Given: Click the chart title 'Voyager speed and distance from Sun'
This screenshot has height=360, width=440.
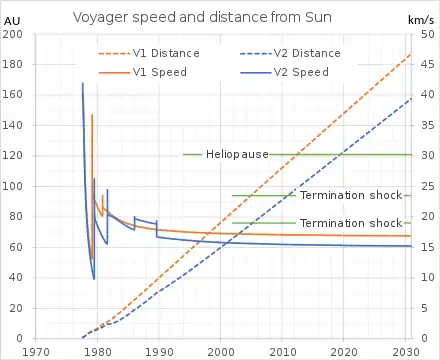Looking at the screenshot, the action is (202, 17).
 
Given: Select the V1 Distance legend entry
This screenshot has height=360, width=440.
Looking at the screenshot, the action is (149, 53).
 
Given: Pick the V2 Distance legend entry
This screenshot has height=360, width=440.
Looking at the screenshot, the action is (290, 53).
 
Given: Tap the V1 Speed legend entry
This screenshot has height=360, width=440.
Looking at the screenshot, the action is (143, 72).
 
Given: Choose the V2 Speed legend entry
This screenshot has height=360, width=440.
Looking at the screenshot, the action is (284, 72).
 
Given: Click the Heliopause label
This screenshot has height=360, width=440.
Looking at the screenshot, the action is (237, 154).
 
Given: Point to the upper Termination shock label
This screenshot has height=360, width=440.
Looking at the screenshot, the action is (351, 195).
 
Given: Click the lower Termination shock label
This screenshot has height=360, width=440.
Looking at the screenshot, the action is (351, 223).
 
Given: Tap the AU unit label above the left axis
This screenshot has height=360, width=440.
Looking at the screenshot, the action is (12, 21).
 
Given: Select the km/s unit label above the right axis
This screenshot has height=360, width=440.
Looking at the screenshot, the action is (421, 20).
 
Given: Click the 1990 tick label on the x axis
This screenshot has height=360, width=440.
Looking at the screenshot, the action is (159, 352).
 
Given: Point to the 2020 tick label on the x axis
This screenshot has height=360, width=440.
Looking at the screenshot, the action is (343, 352).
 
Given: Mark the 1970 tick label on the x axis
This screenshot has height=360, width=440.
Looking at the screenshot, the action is (36, 352).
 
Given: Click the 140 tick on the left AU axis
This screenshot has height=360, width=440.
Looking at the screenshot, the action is (12, 125).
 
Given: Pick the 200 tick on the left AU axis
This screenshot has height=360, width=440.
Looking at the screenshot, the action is (12, 34).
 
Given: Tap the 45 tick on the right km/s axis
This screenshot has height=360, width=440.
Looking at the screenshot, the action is (428, 64).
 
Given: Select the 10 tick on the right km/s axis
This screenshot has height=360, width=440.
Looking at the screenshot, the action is (428, 277).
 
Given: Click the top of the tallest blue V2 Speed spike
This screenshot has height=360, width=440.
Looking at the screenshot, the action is (83, 83).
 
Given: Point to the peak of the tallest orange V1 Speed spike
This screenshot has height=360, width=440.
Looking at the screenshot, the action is (92, 115).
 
